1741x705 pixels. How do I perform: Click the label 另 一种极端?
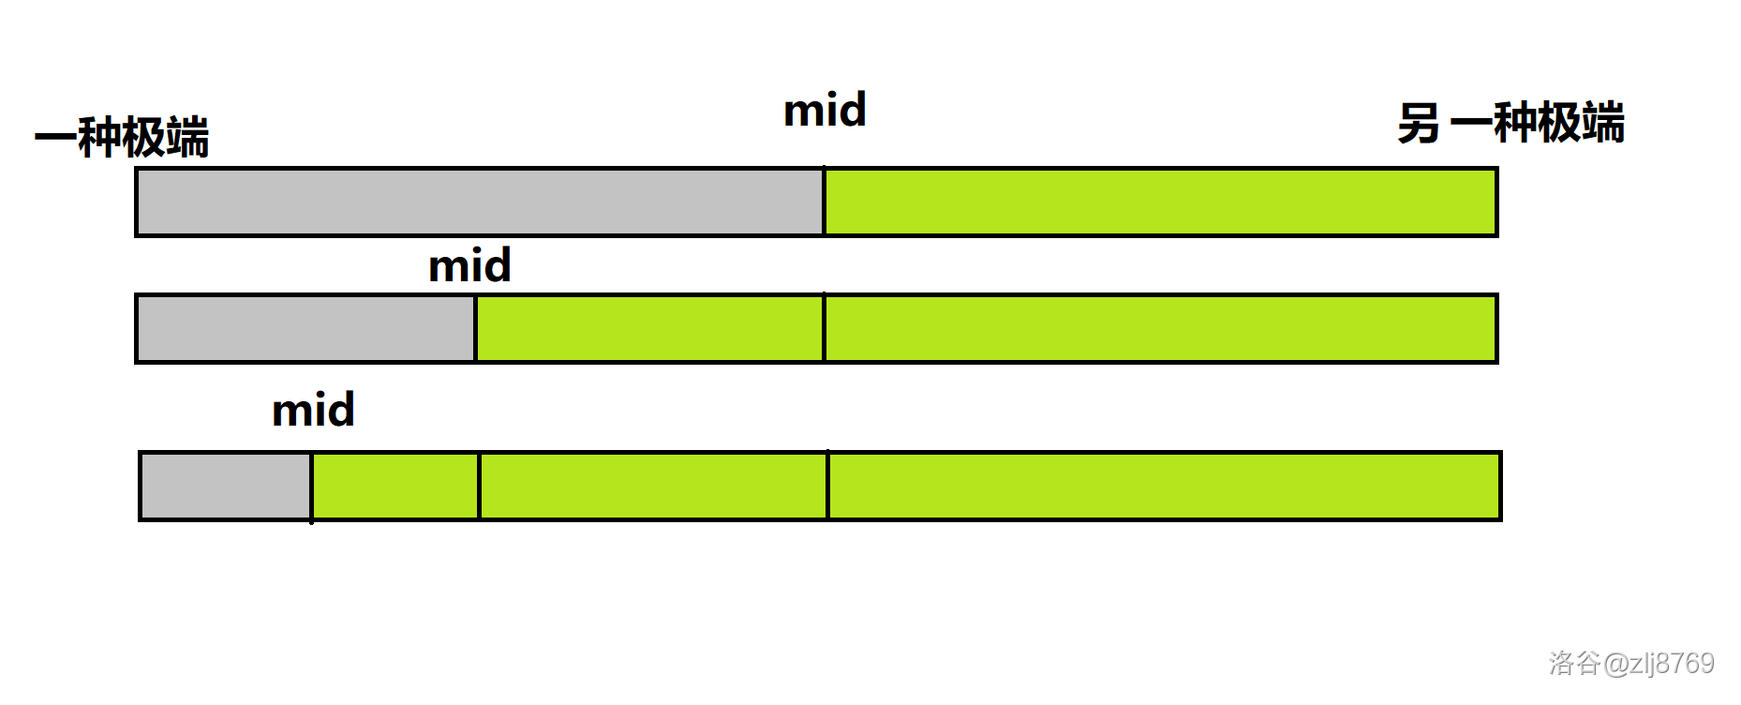tap(1510, 124)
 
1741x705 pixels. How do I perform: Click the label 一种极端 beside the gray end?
tap(122, 138)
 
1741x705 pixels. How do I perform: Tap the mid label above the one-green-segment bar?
tap(825, 111)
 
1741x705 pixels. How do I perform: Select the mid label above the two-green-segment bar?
tap(469, 266)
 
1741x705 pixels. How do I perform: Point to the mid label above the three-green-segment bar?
tap(313, 411)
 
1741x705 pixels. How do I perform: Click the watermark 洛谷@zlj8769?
tap(1630, 664)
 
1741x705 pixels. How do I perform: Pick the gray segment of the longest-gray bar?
tap(480, 202)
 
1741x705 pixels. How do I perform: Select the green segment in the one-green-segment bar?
tap(1160, 202)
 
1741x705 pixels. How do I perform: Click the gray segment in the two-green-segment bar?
tap(305, 328)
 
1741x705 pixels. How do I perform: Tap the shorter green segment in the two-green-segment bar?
tap(649, 328)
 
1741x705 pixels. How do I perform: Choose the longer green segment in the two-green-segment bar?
tap(1160, 328)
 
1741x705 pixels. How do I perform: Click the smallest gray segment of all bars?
tap(226, 486)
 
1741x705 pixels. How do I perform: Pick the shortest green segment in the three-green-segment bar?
tap(395, 486)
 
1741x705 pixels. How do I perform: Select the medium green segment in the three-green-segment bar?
tap(653, 486)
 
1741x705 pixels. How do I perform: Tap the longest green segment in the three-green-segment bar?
tap(1164, 486)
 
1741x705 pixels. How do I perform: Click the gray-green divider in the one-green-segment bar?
tap(824, 202)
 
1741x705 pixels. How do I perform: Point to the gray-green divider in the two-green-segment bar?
tap(475, 328)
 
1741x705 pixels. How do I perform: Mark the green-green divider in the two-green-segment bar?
tap(824, 328)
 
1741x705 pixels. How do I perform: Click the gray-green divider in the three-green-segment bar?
tap(311, 486)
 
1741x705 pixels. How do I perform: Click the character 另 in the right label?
tap(1418, 124)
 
